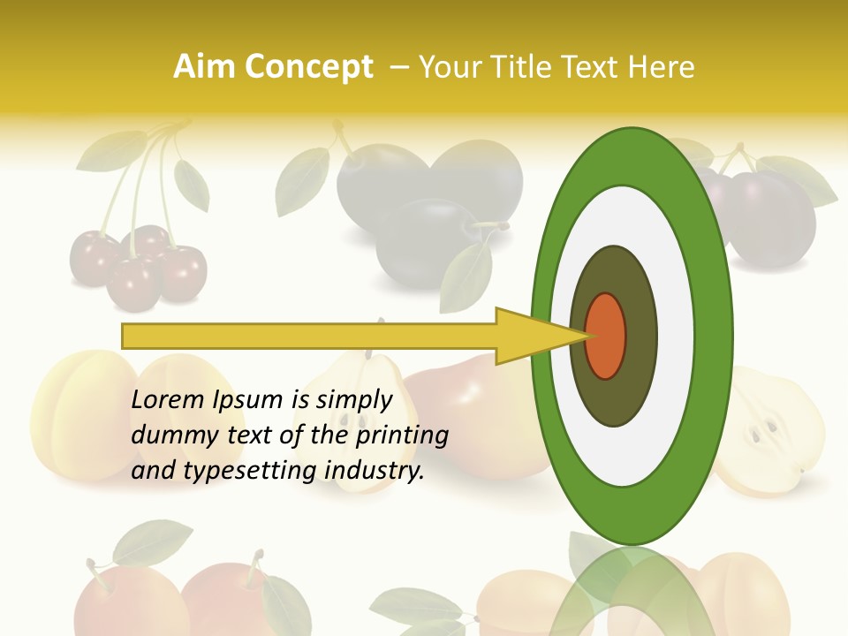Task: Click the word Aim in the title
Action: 204,67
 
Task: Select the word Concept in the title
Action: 308,67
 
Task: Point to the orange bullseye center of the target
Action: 606,336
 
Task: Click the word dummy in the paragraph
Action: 169,435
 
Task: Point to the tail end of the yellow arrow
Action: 128,336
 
